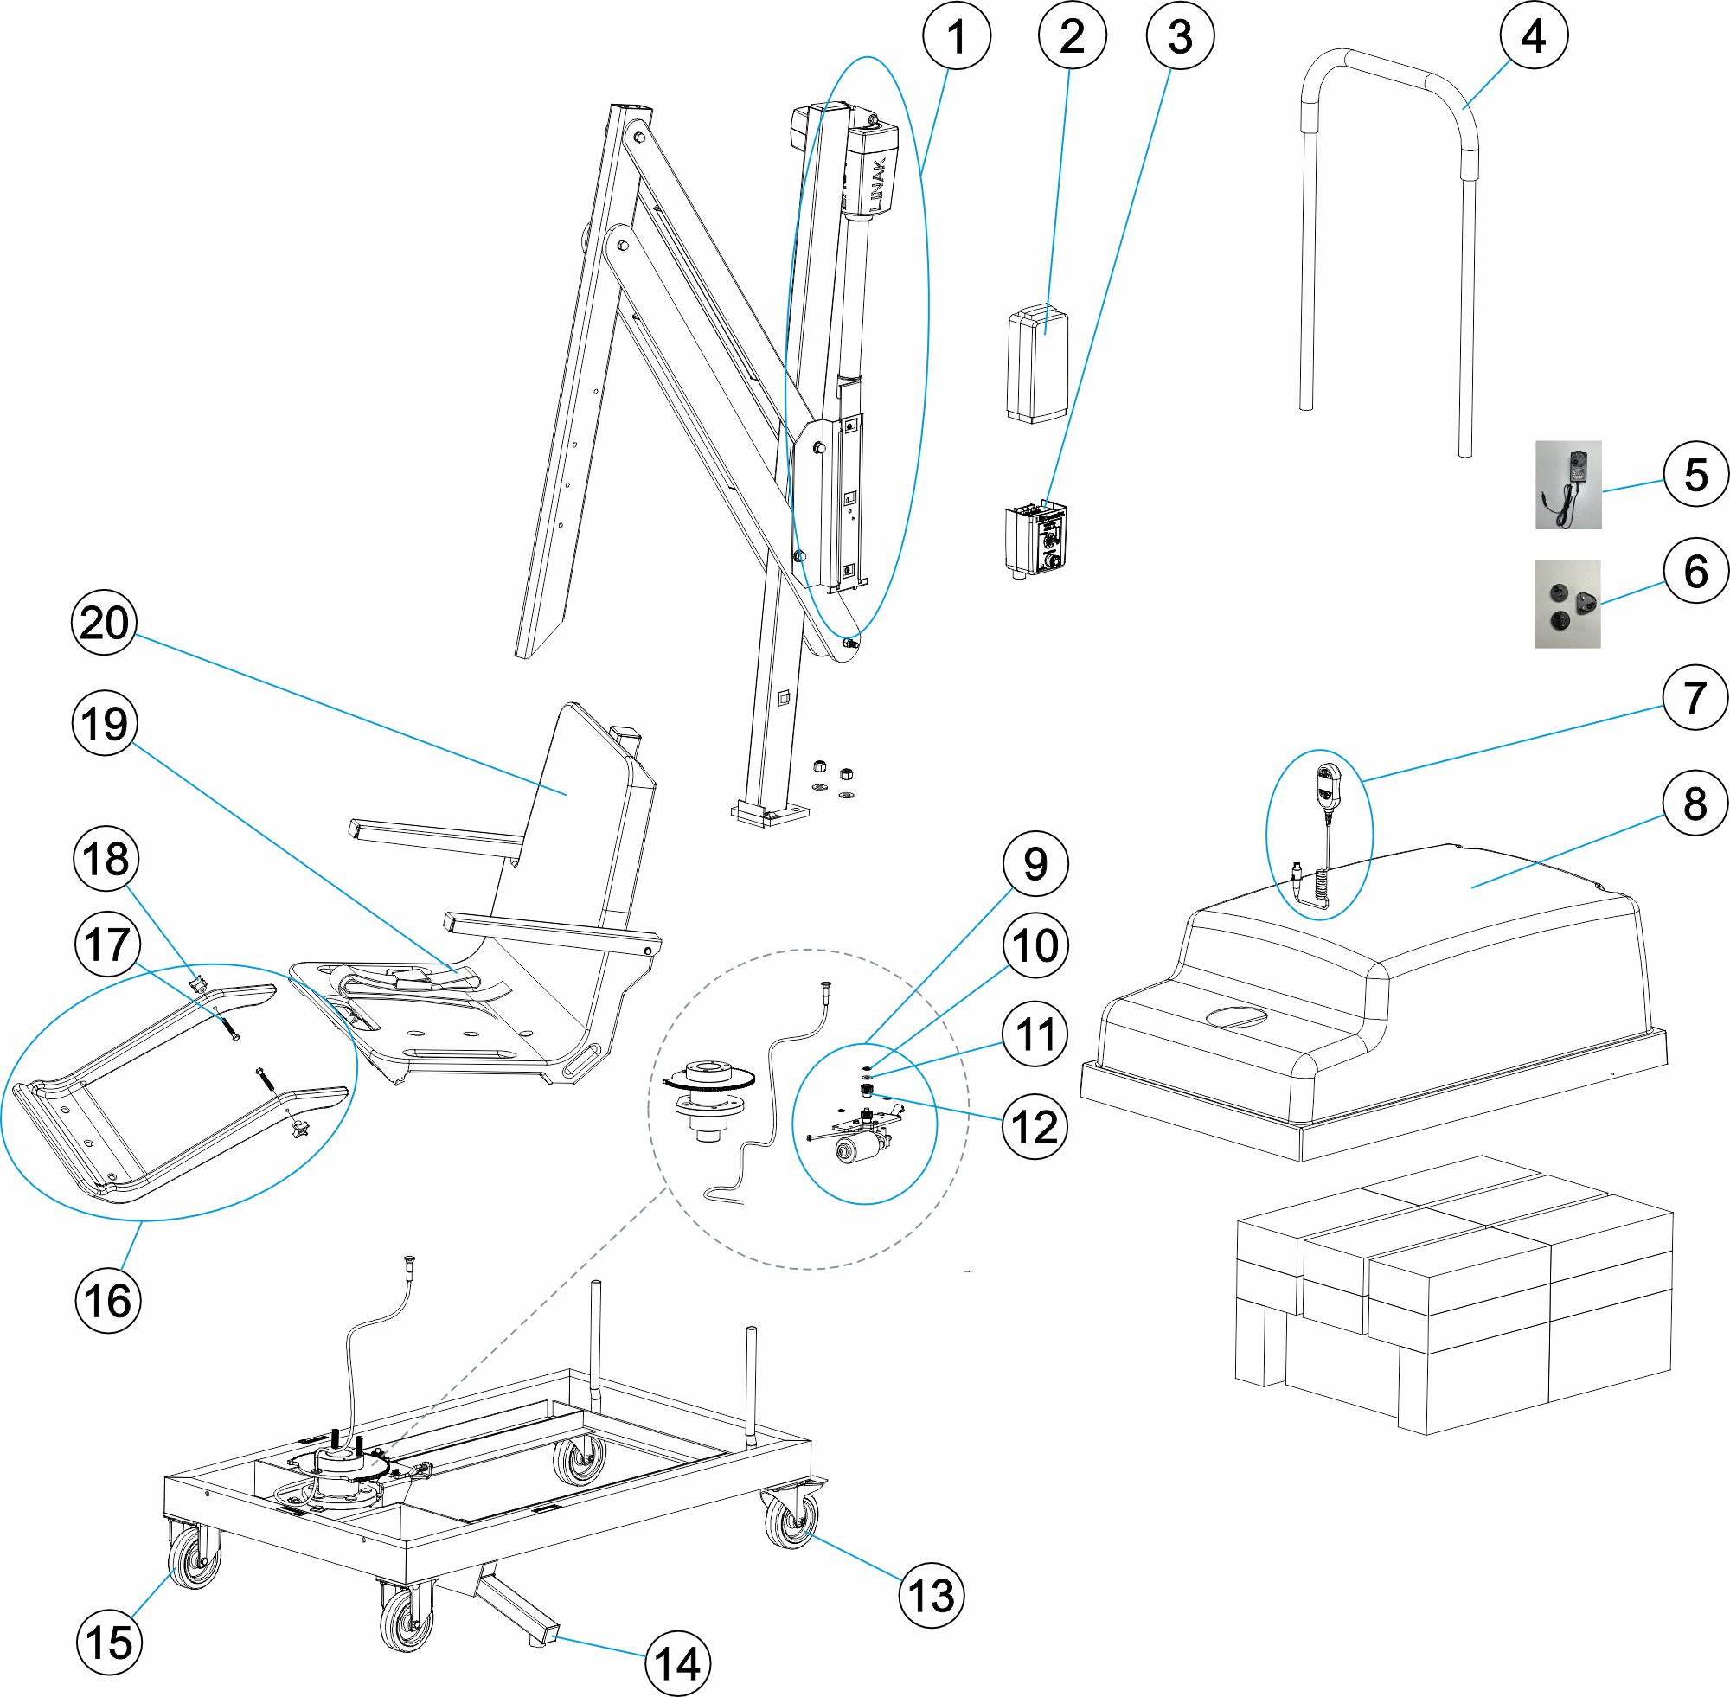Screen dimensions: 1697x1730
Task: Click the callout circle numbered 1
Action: (x=957, y=36)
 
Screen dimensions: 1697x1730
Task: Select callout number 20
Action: (x=105, y=622)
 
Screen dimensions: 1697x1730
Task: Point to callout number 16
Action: (x=108, y=1300)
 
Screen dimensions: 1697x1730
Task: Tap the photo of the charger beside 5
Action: (x=1567, y=485)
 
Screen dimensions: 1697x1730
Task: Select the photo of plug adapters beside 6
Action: (x=1567, y=604)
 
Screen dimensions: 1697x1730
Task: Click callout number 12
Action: (x=1035, y=1127)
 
